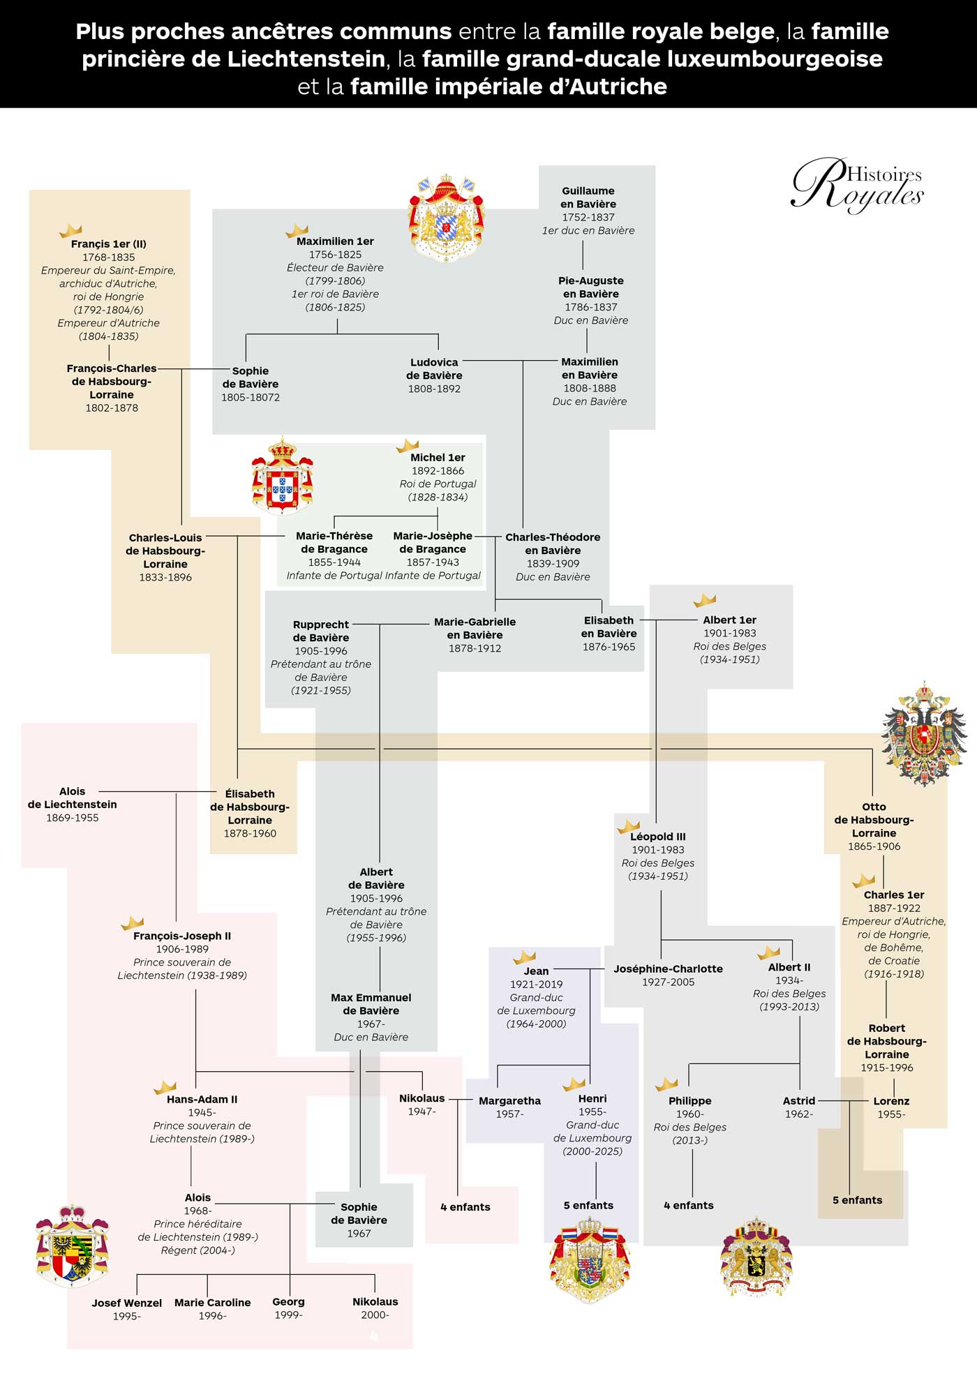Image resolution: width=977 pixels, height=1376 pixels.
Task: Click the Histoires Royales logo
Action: [x=858, y=184]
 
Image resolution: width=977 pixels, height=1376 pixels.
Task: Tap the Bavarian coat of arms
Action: [x=446, y=218]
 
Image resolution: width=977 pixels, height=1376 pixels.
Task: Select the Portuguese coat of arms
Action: [x=282, y=476]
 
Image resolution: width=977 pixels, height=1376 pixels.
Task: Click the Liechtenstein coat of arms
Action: [x=72, y=1246]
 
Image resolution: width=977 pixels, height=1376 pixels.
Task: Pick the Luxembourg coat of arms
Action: [x=590, y=1259]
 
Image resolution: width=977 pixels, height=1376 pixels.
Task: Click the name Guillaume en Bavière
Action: [x=588, y=197]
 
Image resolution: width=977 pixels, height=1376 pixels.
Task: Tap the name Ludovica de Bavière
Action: [x=434, y=368]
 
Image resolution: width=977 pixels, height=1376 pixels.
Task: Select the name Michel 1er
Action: [x=438, y=458]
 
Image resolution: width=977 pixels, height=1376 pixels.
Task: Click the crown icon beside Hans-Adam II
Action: [x=165, y=1087]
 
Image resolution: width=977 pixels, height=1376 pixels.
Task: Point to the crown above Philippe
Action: [x=666, y=1084]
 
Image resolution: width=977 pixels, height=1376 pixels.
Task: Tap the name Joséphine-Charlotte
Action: [x=668, y=969]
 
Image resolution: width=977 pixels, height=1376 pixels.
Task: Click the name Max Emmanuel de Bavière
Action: [x=371, y=1003]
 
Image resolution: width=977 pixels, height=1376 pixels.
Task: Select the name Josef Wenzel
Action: [x=127, y=1303]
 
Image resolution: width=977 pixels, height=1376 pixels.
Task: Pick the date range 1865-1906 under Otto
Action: [x=874, y=846]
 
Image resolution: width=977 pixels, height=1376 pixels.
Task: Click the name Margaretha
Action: [x=509, y=1100]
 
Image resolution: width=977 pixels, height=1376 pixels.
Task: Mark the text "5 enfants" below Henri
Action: [x=588, y=1205]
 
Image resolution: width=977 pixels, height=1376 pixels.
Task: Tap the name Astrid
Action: [x=799, y=1100]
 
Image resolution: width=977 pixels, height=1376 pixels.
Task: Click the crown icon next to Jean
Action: [x=525, y=957]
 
